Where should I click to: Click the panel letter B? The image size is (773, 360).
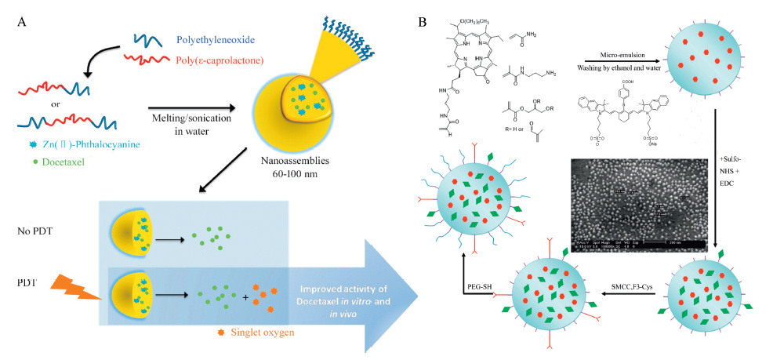click(423, 22)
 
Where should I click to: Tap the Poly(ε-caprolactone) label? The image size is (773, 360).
click(209, 60)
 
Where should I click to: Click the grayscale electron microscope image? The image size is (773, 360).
click(639, 204)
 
